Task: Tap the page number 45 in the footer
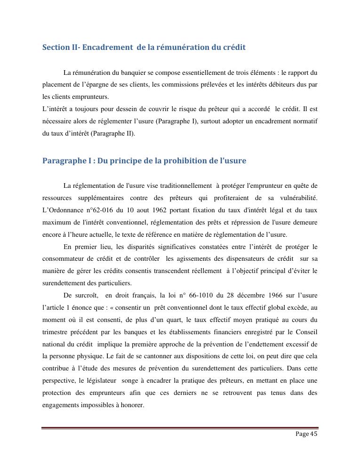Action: point(313,434)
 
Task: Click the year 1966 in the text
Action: point(268,295)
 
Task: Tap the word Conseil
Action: point(306,332)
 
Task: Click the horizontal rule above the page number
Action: point(180,428)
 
